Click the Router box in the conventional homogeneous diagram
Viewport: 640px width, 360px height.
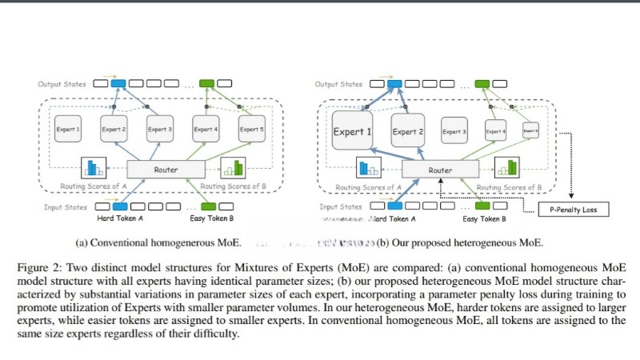166,170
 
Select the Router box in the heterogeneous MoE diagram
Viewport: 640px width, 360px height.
440,170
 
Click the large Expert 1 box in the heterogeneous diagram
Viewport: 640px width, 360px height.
352,131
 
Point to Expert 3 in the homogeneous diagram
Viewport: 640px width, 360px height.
160,130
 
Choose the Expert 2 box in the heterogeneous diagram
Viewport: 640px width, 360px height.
409,131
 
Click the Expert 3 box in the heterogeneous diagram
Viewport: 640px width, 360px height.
454,131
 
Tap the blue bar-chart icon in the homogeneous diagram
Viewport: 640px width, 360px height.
94,168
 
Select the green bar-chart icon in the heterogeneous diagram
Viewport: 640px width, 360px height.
506,168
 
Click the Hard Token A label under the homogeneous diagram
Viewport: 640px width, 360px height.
120,218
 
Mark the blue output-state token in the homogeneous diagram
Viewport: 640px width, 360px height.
119,83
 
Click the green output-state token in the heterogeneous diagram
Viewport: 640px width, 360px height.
482,83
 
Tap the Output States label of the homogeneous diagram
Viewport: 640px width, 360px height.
60,83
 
